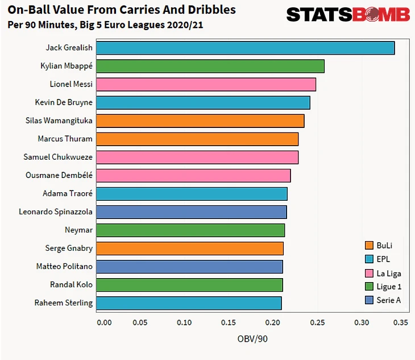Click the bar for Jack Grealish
[245, 48]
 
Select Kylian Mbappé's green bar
[210, 66]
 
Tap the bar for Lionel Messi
[206, 84]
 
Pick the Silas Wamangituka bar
[200, 121]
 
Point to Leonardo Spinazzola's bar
[191, 212]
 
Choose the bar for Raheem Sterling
[188, 303]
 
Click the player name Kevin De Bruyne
[64, 102]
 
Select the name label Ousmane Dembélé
[59, 175]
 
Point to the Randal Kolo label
[72, 284]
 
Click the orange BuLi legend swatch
[370, 246]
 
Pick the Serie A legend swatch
[370, 300]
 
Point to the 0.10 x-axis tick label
[184, 322]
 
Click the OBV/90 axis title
[252, 339]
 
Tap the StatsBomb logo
[348, 14]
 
